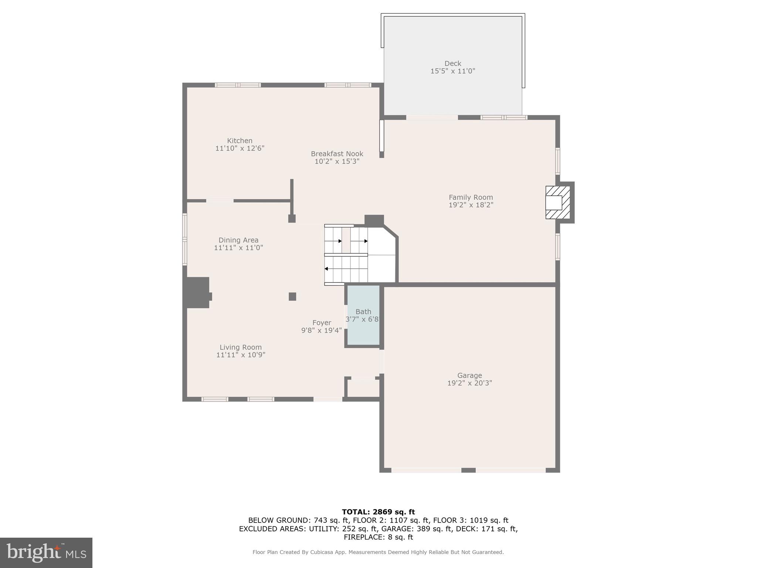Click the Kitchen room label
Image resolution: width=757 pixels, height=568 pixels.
[x=240, y=141]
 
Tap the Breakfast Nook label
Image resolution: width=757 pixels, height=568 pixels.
[x=337, y=153]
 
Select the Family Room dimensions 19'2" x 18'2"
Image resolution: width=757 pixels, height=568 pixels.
[x=471, y=205]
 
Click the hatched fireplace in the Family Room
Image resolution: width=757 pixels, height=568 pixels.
[x=558, y=202]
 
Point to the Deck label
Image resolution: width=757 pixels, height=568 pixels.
[x=452, y=63]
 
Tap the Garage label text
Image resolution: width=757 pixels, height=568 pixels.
[x=469, y=375]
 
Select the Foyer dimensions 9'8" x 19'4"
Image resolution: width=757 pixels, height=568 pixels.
[x=321, y=330]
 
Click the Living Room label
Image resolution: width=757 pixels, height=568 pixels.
[x=241, y=347]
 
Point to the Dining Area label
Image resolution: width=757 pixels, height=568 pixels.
[x=238, y=240]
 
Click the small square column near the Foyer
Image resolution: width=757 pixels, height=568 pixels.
[x=292, y=296]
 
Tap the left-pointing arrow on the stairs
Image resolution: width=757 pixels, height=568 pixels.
[x=326, y=269]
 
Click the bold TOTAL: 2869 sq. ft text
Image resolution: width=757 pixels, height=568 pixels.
[x=378, y=512]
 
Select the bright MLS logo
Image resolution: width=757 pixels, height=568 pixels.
[x=46, y=552]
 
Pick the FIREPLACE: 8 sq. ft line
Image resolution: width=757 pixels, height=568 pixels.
[x=378, y=537]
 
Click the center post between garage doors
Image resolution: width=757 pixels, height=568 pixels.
[x=468, y=470]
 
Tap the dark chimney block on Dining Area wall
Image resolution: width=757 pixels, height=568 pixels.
[x=198, y=292]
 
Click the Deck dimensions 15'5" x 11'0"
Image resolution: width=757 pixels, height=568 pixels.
[x=452, y=71]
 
